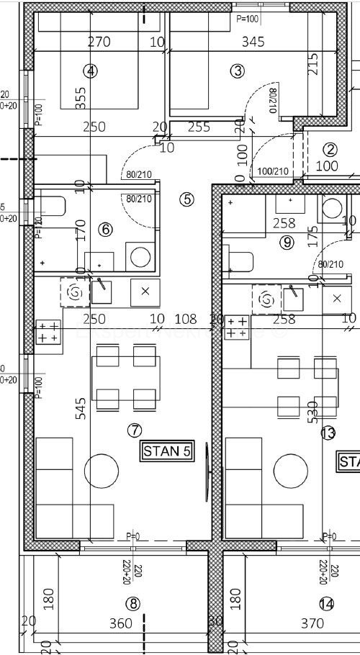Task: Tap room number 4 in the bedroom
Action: [90, 71]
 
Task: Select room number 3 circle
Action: [238, 71]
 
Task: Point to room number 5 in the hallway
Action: [187, 199]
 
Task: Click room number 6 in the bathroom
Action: [105, 230]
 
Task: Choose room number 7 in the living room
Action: [134, 430]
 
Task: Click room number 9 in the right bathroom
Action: [287, 243]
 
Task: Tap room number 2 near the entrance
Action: [330, 150]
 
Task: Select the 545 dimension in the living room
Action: [80, 408]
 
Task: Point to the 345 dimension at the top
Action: [252, 42]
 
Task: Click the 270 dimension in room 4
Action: [99, 42]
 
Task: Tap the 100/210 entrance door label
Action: [273, 171]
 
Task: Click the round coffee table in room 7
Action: [102, 471]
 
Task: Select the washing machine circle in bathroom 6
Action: [140, 256]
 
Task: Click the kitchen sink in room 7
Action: [102, 291]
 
